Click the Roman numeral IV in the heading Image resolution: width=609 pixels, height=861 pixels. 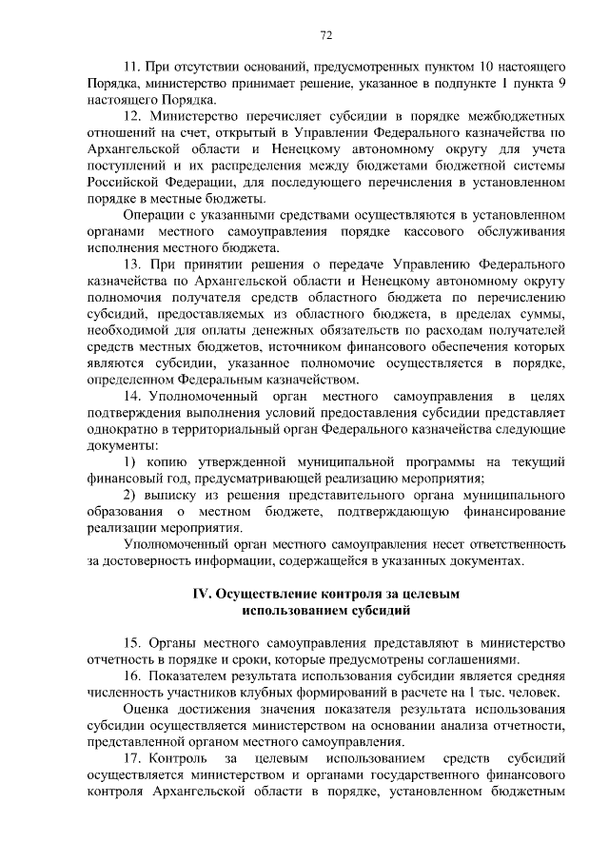(x=202, y=593)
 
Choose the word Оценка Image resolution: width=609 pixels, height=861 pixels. (x=147, y=711)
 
